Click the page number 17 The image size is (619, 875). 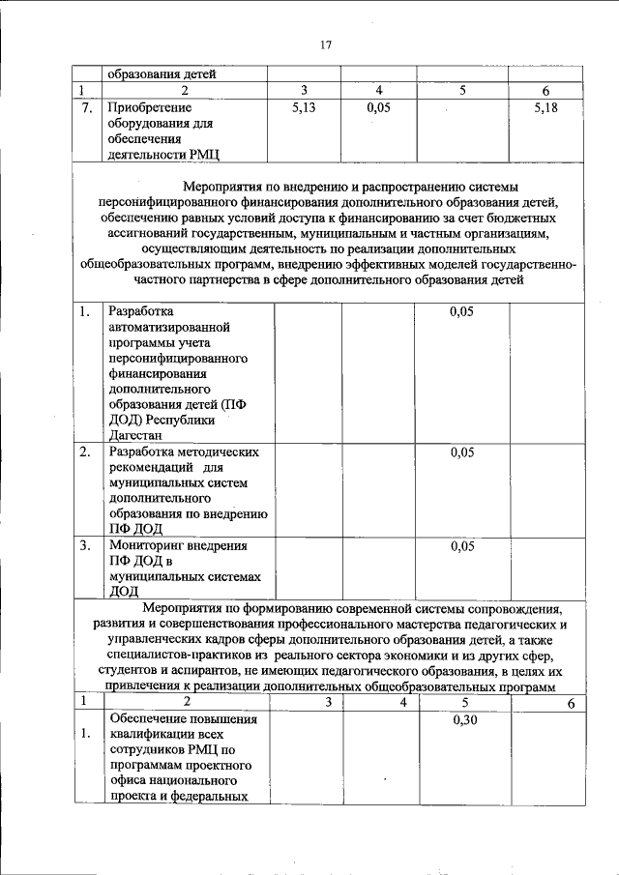(325, 44)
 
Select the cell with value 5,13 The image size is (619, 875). (304, 108)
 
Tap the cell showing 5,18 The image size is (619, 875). (546, 108)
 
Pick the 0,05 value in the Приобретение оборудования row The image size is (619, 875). (379, 108)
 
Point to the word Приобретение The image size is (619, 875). (150, 108)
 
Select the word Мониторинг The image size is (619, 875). (146, 545)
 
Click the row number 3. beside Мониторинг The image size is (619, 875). (85, 545)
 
